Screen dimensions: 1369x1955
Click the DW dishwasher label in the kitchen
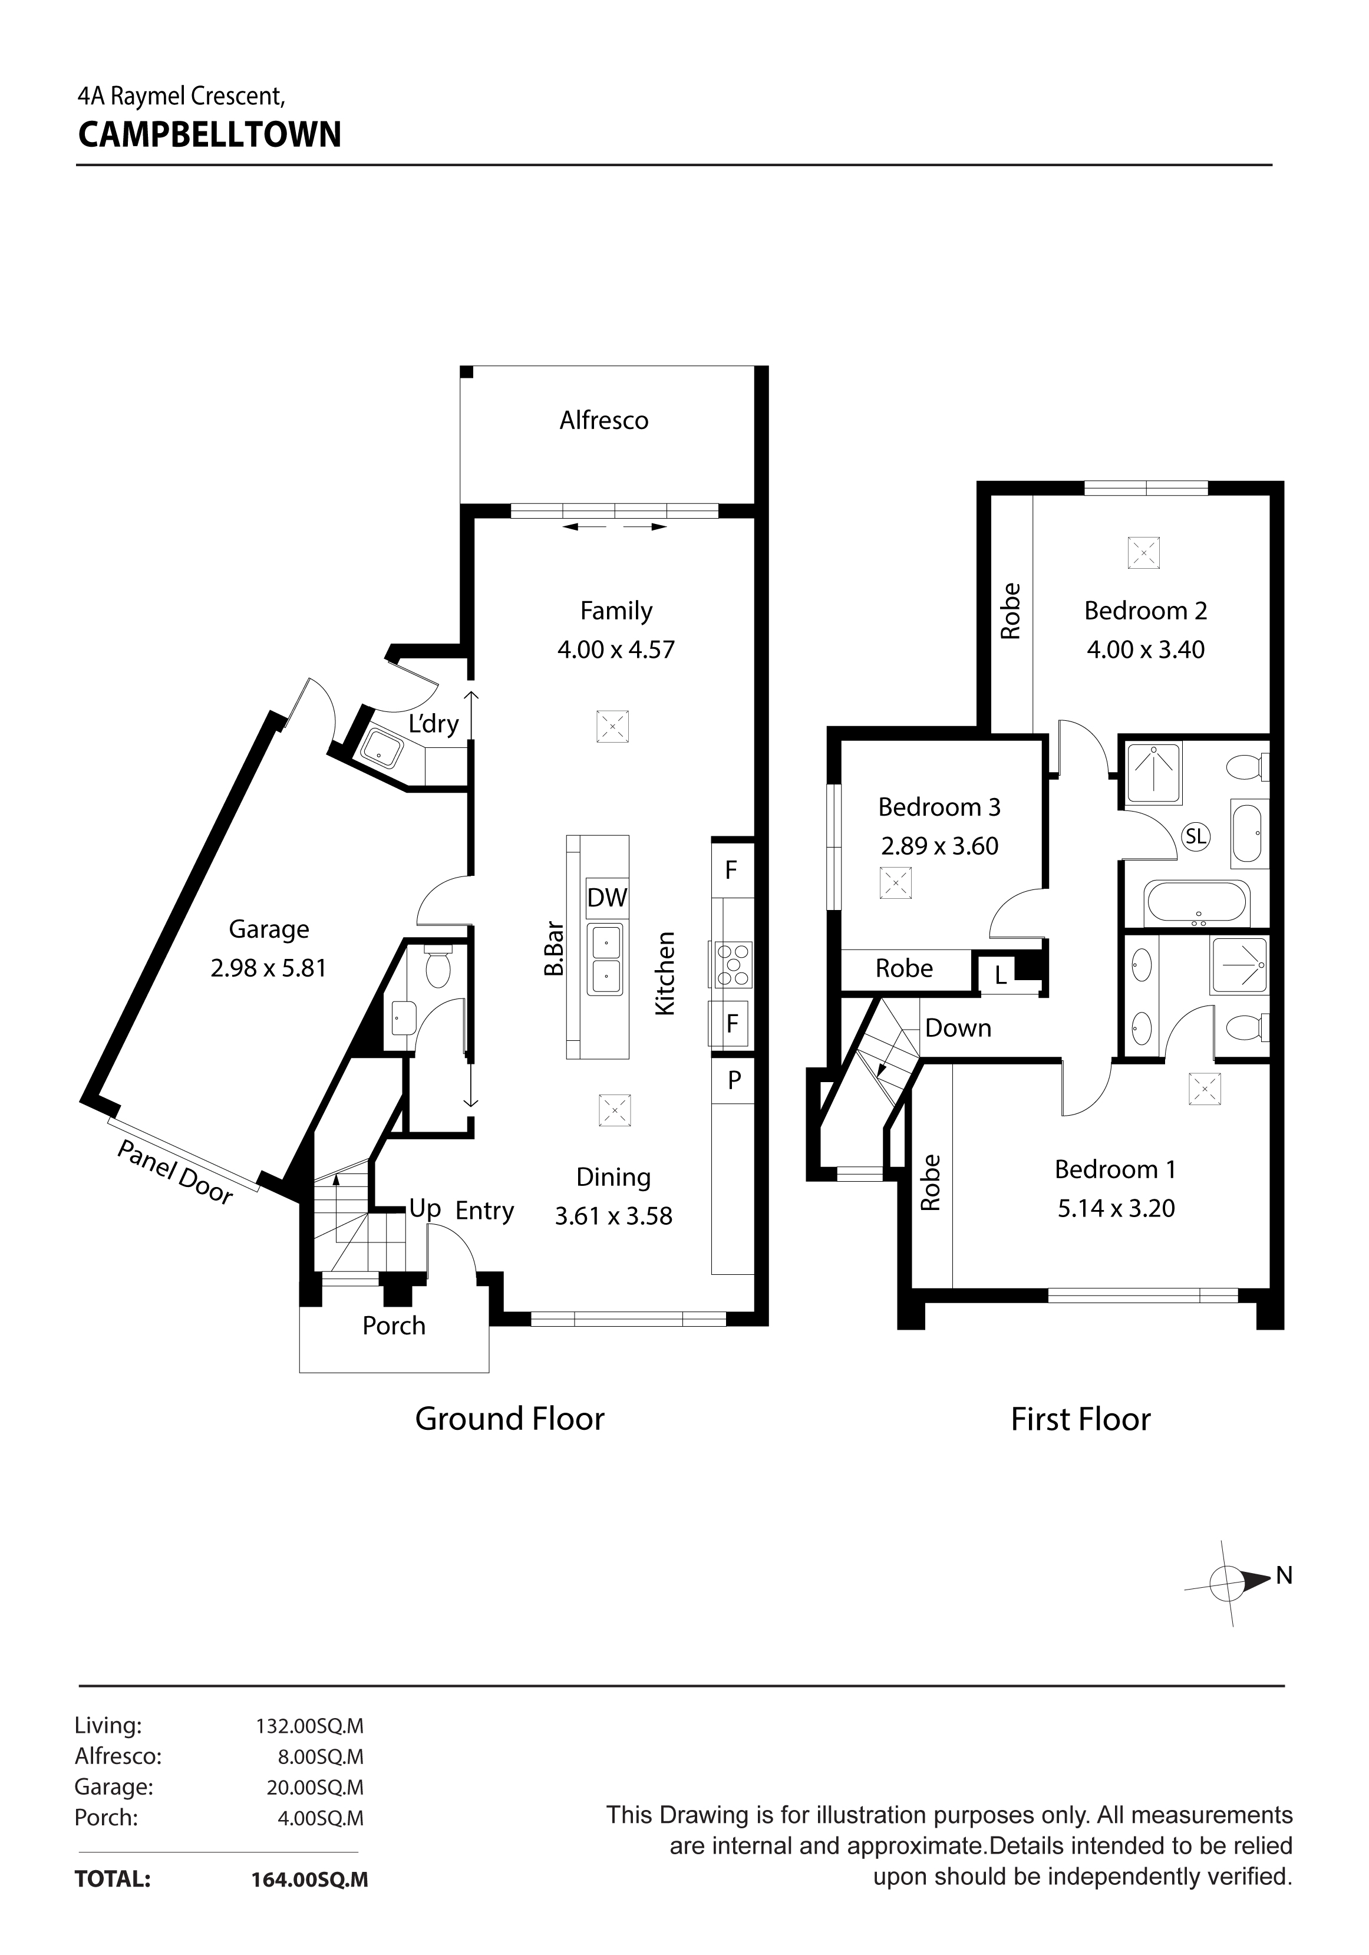[607, 898]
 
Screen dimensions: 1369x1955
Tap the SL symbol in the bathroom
[1195, 836]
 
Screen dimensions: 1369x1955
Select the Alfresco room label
[603, 421]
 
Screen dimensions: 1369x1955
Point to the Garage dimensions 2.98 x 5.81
[268, 968]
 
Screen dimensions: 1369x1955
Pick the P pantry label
[734, 1080]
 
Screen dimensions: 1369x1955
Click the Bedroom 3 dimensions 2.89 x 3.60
[939, 846]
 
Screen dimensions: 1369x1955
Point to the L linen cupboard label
[1001, 976]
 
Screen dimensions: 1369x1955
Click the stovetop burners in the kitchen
[732, 963]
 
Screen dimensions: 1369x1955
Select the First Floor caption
[1080, 1419]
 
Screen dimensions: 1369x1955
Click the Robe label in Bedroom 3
[904, 968]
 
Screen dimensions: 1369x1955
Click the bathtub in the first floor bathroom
[1197, 904]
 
